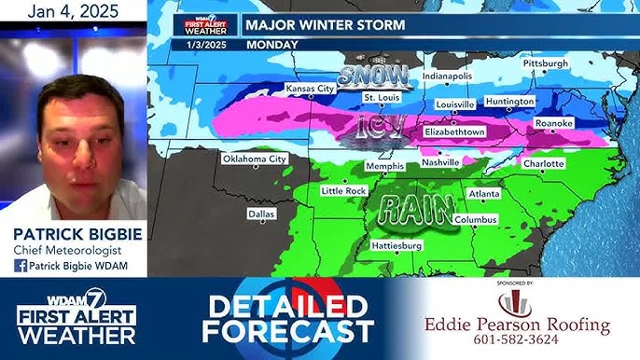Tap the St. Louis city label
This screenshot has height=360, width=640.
click(382, 97)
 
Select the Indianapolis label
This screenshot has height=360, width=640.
click(447, 76)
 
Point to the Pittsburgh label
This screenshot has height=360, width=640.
click(545, 63)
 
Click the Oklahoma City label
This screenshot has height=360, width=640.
click(254, 159)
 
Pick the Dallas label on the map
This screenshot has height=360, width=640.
click(262, 214)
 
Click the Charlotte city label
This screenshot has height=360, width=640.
click(542, 163)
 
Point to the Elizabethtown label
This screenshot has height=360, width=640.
click(455, 132)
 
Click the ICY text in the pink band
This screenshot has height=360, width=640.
click(378, 127)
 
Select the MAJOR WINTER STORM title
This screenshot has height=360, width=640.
click(326, 25)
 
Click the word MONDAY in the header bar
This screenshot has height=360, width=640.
click(272, 44)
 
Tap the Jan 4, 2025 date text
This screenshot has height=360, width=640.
click(73, 12)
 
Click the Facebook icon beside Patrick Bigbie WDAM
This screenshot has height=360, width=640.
click(20, 266)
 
